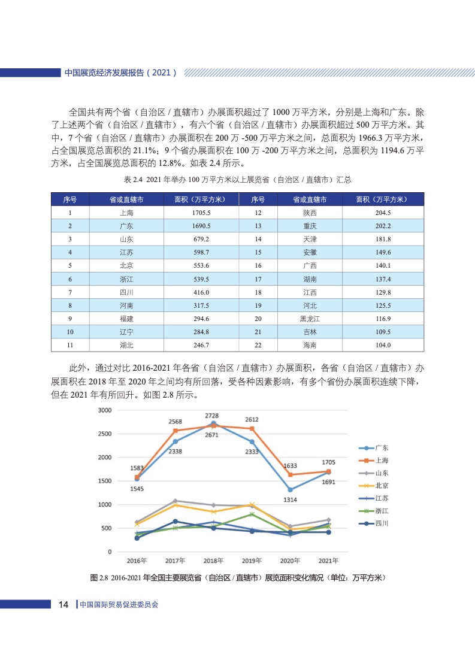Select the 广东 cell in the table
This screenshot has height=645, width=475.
click(126, 226)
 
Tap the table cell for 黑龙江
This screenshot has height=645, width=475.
click(310, 319)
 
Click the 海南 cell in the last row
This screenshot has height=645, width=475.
click(310, 345)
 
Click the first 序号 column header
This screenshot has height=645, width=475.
click(70, 199)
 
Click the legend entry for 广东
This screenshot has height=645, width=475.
click(382, 447)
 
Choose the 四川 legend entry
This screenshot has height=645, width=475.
click(382, 523)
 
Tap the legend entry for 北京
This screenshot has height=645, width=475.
click(382, 486)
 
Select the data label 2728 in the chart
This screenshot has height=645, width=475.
click(212, 416)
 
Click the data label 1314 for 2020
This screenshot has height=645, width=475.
click(291, 499)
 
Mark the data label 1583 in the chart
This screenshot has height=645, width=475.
click(137, 468)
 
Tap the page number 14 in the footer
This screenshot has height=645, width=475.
click(64, 604)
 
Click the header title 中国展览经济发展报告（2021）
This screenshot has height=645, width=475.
click(120, 72)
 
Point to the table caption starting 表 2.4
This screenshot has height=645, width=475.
click(237, 180)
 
